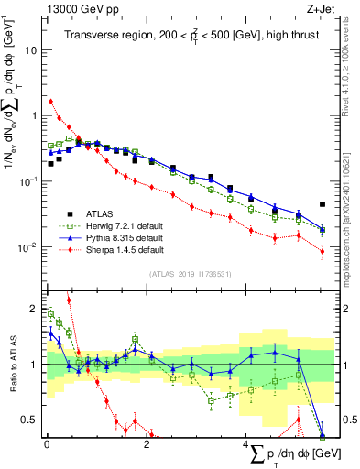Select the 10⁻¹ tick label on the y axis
point(29,181)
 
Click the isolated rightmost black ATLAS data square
point(322,204)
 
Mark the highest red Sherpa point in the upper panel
point(50,101)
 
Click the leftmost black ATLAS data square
point(50,164)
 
